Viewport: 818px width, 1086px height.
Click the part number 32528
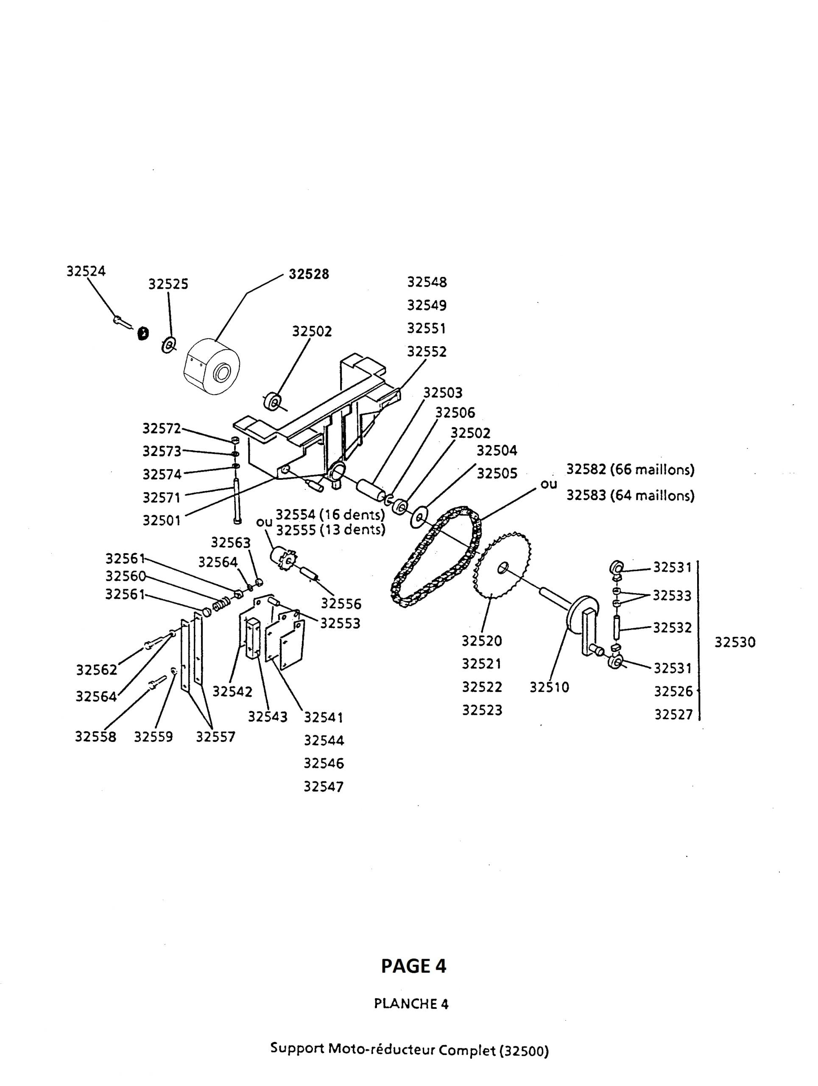point(308,274)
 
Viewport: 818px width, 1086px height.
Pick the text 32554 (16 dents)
point(330,515)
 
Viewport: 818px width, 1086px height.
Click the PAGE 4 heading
point(413,966)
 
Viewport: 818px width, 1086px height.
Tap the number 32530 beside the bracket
point(734,642)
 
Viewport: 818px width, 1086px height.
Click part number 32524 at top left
point(86,271)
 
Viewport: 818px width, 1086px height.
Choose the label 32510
point(549,687)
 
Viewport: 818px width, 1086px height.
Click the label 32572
point(162,428)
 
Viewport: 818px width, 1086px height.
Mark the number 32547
point(324,787)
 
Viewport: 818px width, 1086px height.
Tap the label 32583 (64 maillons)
point(630,495)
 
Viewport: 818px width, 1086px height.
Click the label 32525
point(168,284)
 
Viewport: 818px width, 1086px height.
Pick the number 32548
point(427,282)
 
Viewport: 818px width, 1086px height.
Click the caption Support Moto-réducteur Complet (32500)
point(409,1046)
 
